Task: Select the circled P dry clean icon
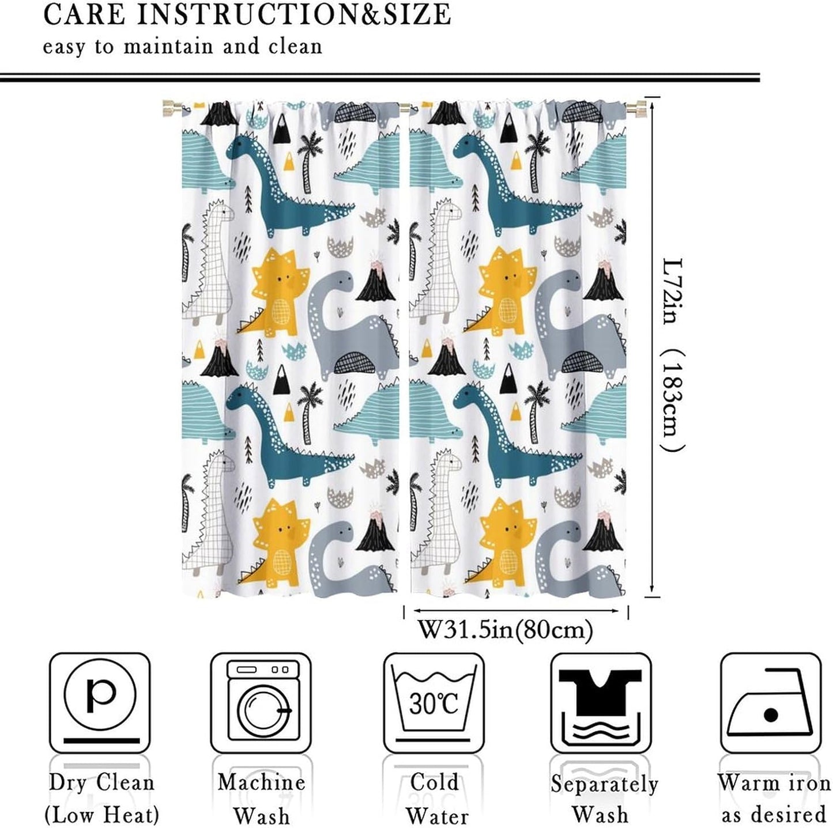pyautogui.click(x=100, y=695)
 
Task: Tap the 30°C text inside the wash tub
pyautogui.click(x=434, y=703)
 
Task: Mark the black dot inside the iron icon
pyautogui.click(x=771, y=715)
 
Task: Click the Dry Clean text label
pyautogui.click(x=101, y=782)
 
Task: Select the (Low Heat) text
pyautogui.click(x=101, y=815)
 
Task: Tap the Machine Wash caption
pyautogui.click(x=261, y=798)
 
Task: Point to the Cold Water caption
pyautogui.click(x=434, y=798)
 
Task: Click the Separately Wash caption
pyautogui.click(x=604, y=799)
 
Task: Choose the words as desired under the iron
pyautogui.click(x=774, y=815)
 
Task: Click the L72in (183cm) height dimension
pyautogui.click(x=672, y=354)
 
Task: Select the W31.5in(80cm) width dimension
pyautogui.click(x=505, y=629)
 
